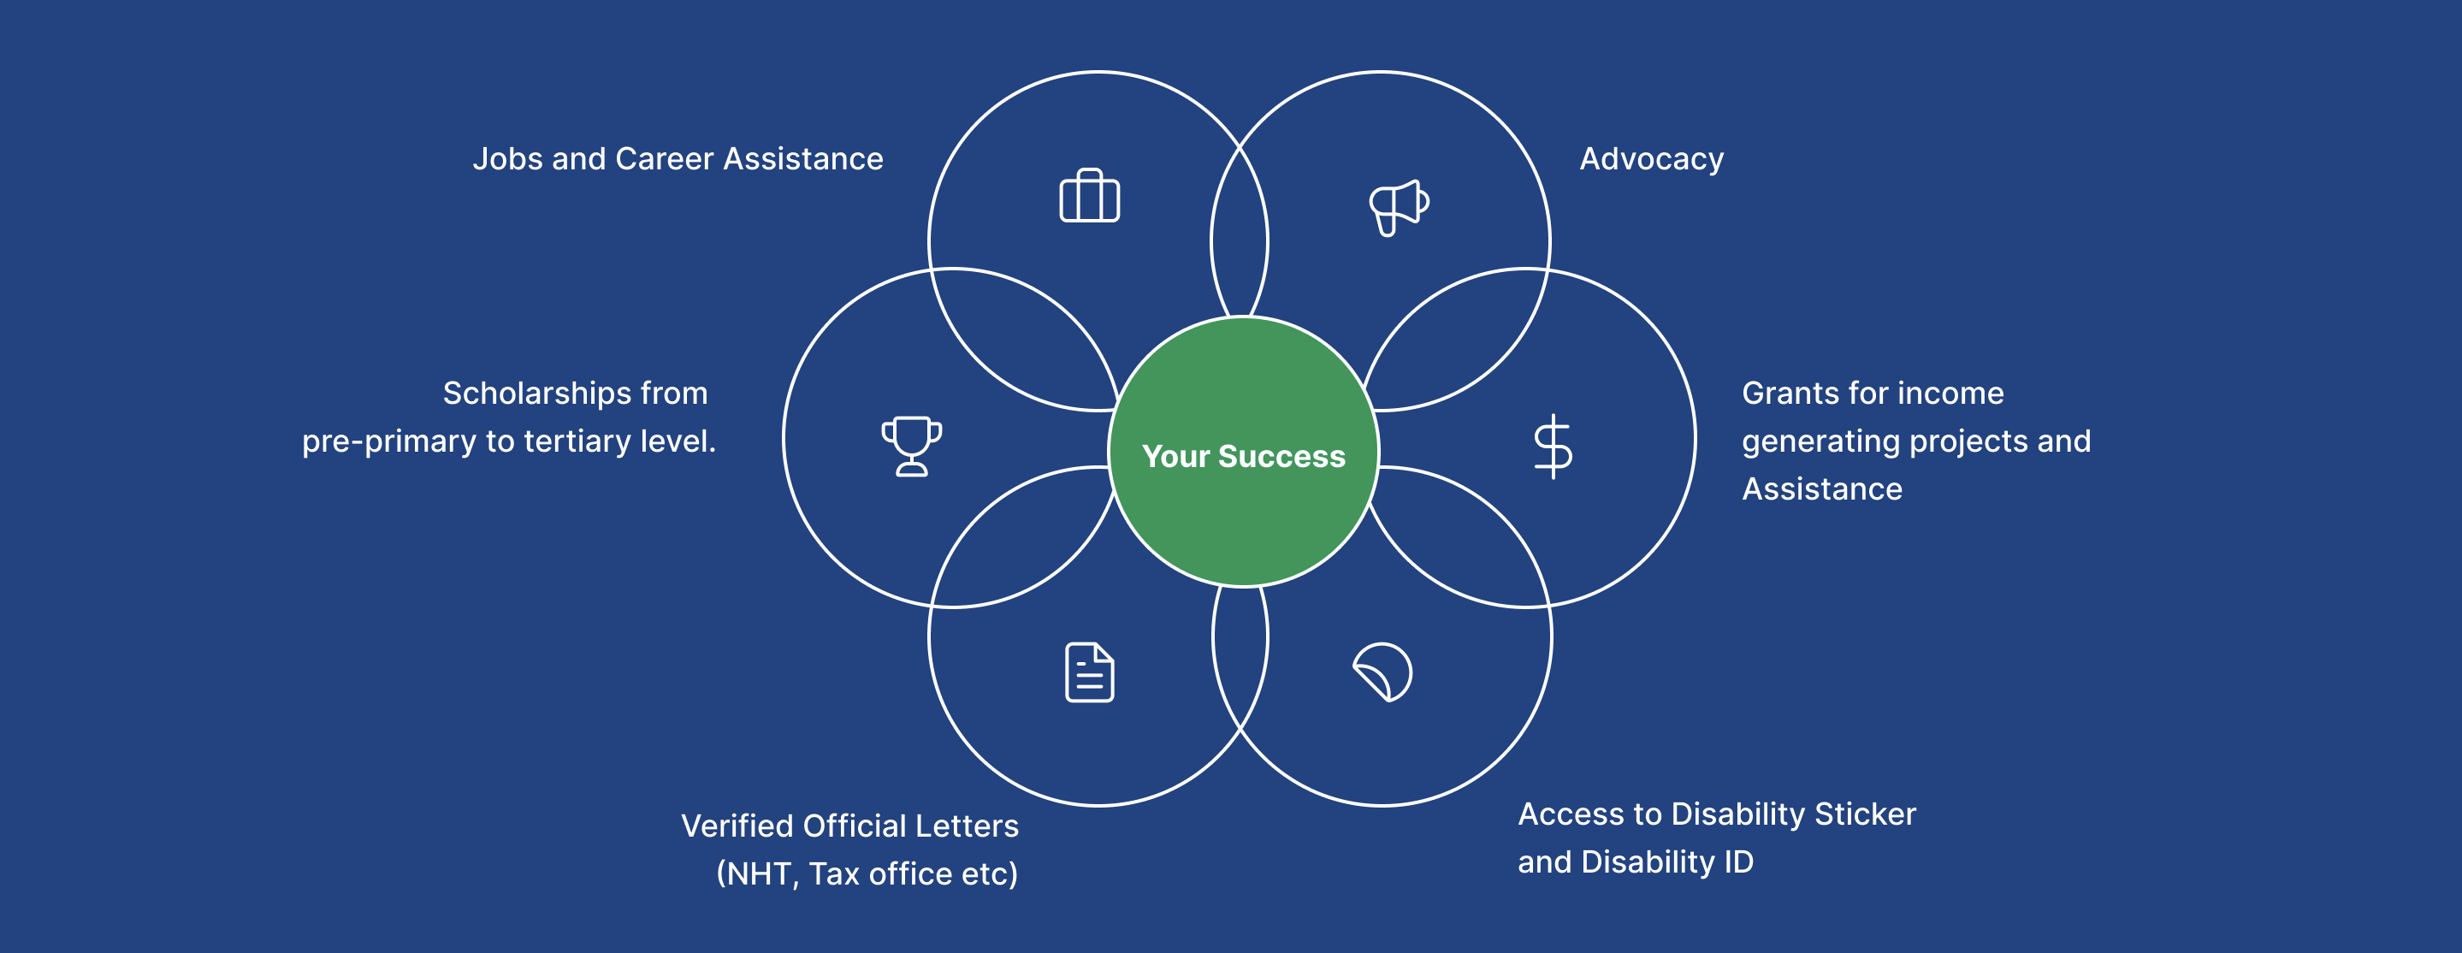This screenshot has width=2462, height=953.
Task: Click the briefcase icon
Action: click(1090, 196)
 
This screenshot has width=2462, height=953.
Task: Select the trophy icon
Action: click(912, 446)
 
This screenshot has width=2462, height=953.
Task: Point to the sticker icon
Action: click(1383, 672)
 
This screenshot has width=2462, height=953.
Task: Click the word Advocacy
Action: click(1652, 158)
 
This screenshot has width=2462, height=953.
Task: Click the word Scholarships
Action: click(536, 393)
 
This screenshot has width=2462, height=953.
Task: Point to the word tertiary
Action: click(577, 441)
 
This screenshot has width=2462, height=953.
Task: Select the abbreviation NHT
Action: click(760, 873)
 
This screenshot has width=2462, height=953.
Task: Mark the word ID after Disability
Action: click(1738, 862)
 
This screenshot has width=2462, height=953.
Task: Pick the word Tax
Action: click(833, 873)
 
